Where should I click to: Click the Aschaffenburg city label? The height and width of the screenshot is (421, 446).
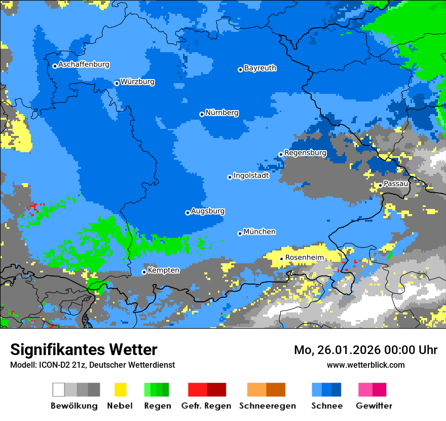pos(84,64)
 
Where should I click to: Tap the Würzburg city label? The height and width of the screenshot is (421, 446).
pos(137,82)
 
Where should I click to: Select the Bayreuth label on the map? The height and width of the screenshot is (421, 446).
pos(260,68)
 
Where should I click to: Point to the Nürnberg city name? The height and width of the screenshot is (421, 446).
pos(222,113)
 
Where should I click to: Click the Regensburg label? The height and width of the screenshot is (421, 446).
pos(305,153)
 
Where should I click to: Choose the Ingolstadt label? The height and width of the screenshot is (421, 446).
pos(251,176)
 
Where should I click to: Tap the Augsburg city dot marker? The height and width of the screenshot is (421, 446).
pos(188,213)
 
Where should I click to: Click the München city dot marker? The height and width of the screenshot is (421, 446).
pos(240,233)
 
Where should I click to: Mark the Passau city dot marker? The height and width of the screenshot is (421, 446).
pos(380,185)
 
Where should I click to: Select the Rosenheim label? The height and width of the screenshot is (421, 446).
pos(304,258)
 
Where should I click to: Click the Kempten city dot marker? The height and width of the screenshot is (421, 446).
pos(144,272)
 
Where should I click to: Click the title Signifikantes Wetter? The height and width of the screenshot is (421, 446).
pos(84,349)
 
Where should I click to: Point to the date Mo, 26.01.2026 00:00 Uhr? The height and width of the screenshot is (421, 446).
pos(365,350)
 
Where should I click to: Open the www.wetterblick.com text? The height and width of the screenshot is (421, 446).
pos(365,365)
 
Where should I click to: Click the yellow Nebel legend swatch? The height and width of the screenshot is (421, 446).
pos(120,390)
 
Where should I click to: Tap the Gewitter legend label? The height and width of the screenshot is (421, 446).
pos(374,406)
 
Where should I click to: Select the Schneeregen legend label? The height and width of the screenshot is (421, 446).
pos(268,406)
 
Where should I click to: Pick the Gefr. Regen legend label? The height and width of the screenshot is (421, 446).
pos(206,406)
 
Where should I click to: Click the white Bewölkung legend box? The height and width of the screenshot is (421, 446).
pos(59,390)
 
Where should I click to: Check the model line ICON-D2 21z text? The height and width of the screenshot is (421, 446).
pos(92,365)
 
